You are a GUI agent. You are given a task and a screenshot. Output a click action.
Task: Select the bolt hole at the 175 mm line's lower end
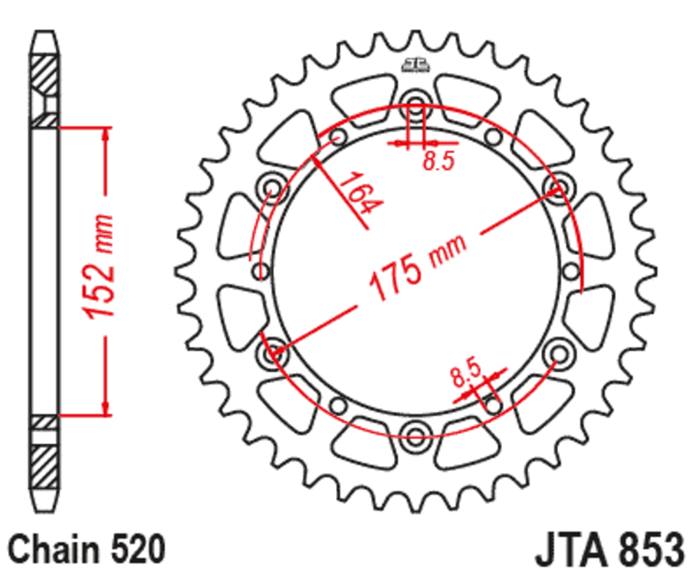[x=276, y=351]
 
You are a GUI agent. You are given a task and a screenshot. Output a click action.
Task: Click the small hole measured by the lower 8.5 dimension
[x=492, y=401]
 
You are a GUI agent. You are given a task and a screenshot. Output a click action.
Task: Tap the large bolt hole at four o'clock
[x=557, y=351]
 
